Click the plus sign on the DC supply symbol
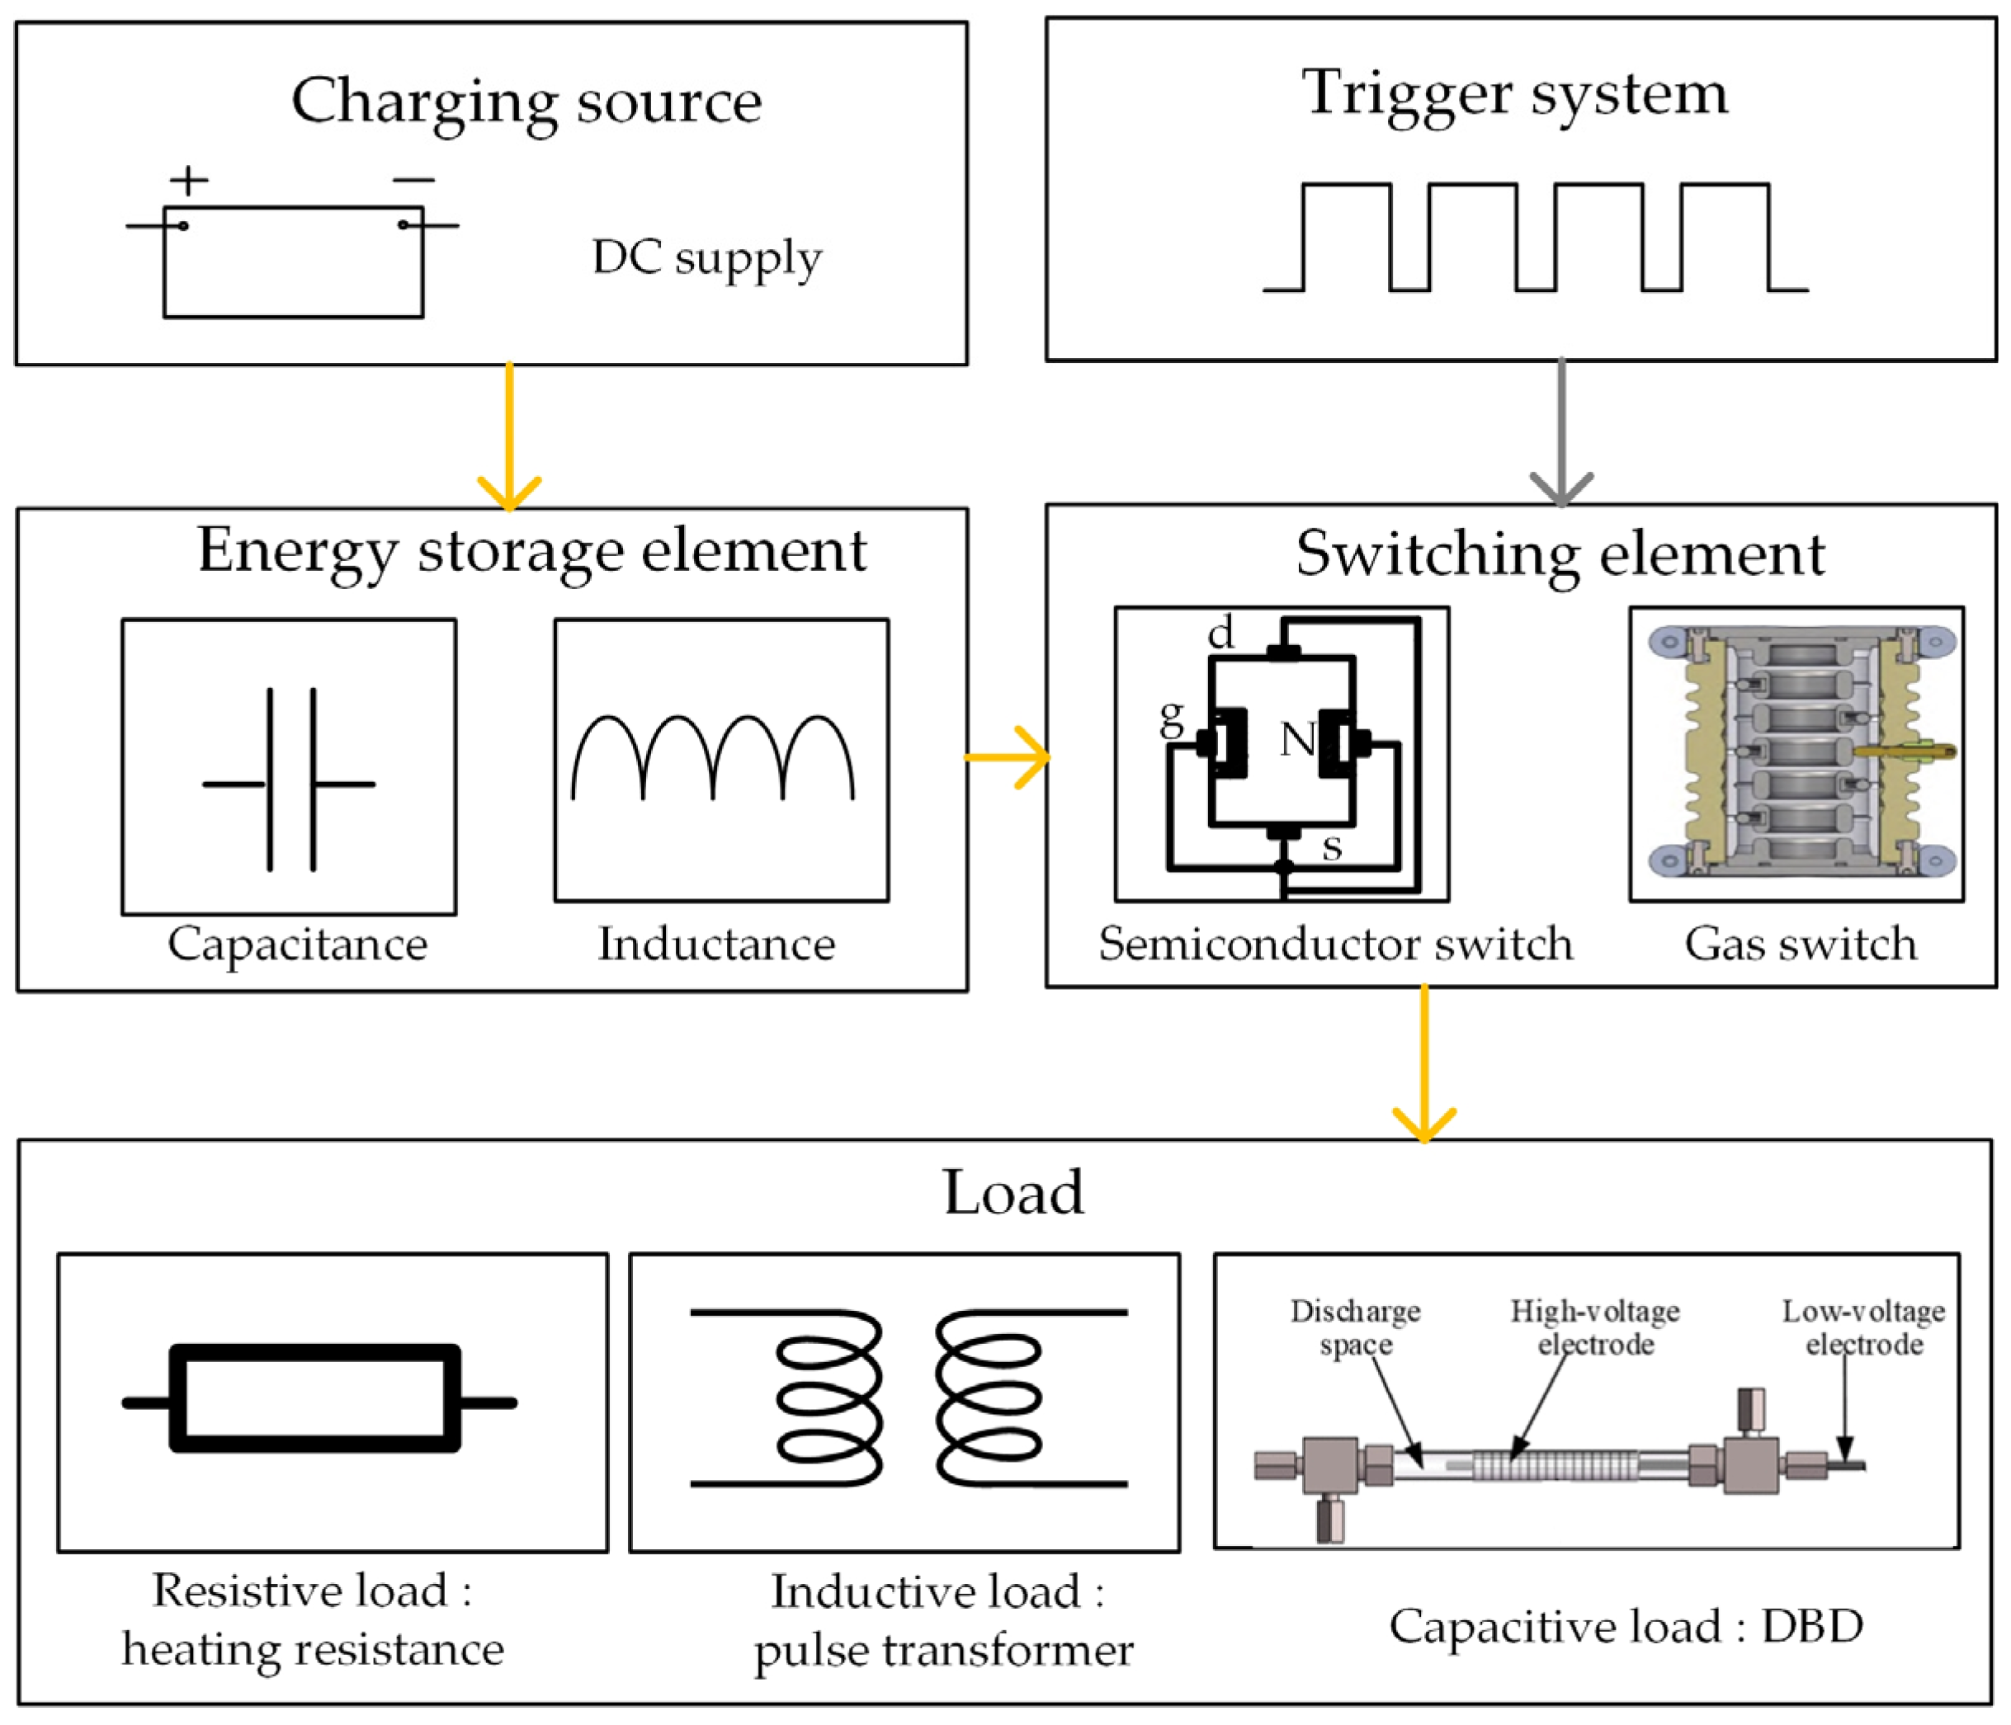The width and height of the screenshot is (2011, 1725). [x=188, y=181]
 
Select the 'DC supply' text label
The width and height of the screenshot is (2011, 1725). [x=706, y=257]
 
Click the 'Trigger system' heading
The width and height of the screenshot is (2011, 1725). [x=1514, y=93]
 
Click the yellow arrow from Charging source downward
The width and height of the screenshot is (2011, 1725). [x=509, y=436]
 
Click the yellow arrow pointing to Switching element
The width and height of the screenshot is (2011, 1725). [x=1008, y=756]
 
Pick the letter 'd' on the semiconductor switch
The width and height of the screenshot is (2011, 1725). [x=1220, y=634]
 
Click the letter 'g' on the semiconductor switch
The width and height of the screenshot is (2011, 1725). [x=1173, y=719]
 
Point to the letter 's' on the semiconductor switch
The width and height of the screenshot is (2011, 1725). [x=1332, y=847]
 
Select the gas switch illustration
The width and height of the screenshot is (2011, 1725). [x=1796, y=754]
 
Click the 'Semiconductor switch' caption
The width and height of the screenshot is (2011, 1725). [x=1335, y=943]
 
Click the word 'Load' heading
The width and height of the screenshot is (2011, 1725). [x=1013, y=1192]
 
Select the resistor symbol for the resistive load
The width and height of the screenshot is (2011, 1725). [x=316, y=1398]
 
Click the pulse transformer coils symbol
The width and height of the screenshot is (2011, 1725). [x=909, y=1398]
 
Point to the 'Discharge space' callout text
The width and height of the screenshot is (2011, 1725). [x=1355, y=1327]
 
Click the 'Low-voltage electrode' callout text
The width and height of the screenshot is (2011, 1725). [x=1863, y=1327]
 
